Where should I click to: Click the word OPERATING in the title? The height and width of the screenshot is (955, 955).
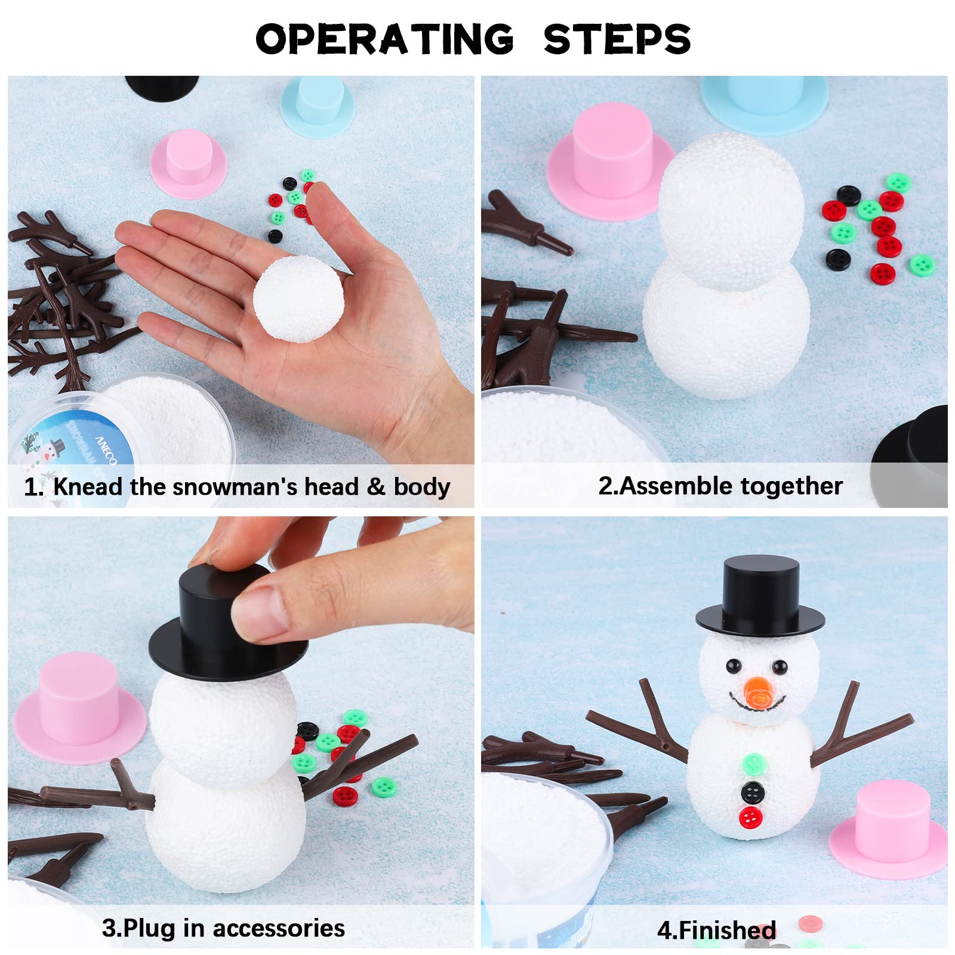pos(384,39)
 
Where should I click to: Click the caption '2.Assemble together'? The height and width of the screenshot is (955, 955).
pos(720,486)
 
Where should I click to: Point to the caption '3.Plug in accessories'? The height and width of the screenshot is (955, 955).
pos(223,928)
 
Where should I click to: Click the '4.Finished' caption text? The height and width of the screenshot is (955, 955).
pos(716,930)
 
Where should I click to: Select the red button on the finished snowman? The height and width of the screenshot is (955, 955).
pos(750,818)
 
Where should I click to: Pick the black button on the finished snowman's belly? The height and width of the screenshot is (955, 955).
pos(753,792)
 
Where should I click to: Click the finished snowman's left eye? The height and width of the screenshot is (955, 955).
pos(733,665)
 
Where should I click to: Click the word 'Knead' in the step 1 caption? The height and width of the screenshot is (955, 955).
pos(87,486)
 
